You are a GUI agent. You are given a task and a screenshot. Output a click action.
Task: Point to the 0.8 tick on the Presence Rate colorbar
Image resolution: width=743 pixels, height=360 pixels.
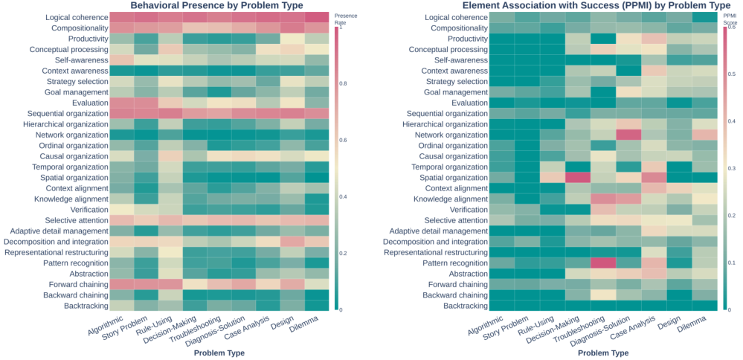pos(343,84)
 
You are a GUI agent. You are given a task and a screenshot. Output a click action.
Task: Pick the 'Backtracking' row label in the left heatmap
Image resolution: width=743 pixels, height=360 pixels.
pos(81,306)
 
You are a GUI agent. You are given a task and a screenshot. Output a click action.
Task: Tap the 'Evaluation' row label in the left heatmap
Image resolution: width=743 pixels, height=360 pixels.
pos(89,103)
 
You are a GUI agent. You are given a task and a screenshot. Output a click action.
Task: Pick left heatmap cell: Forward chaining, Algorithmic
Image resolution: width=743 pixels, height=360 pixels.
pos(122,284)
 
